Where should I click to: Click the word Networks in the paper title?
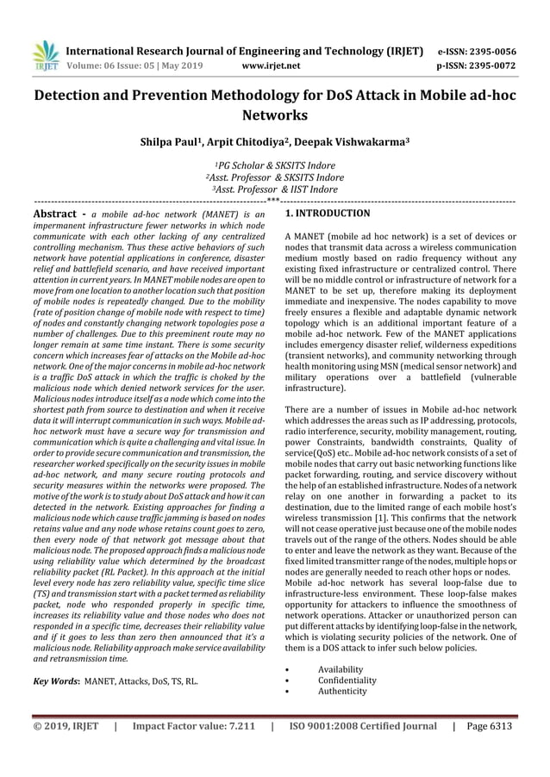coord(274,115)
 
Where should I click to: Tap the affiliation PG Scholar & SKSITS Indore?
coord(274,165)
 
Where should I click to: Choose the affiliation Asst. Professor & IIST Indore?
coord(274,190)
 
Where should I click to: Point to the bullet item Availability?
coord(341,669)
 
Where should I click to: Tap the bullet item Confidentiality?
coord(347,681)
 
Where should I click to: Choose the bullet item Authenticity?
coord(342,691)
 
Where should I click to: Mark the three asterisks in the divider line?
coord(274,199)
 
